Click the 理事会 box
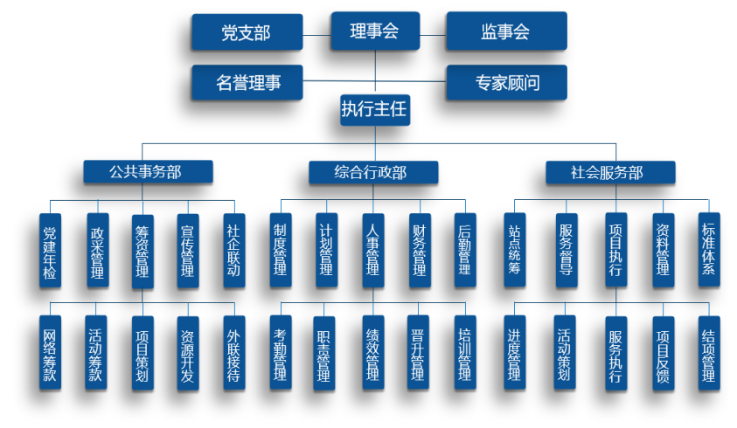coord(374,31)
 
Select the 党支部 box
coord(247,32)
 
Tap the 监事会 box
coord(505,32)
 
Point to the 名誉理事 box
coord(247,83)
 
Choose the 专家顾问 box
coord(505,83)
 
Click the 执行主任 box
coord(374,110)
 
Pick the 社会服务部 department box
coord(608,172)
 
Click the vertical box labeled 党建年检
coord(50,250)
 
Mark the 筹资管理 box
coord(142,250)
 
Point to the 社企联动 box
coord(233,250)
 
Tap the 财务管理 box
coord(419,250)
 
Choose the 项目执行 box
coord(615,250)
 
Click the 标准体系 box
coord(708,250)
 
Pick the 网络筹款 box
coord(50,353)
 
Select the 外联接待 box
coord(233,353)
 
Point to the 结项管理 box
coord(708,353)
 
